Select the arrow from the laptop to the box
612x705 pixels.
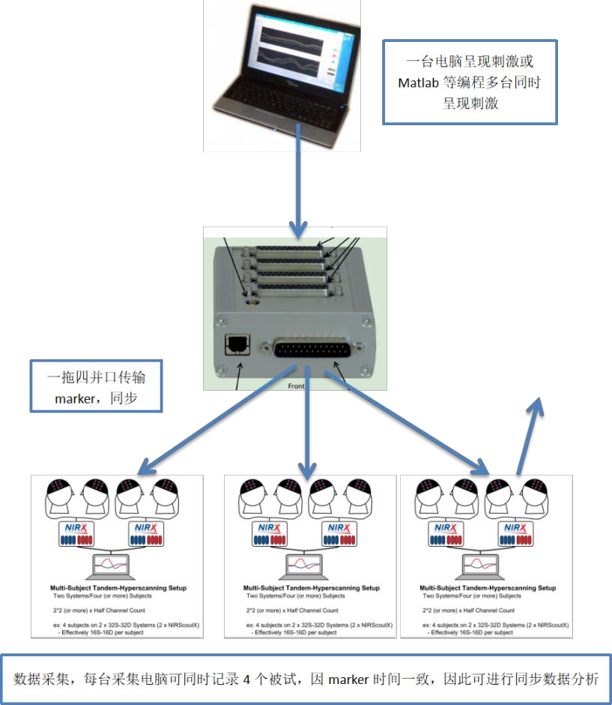click(x=300, y=180)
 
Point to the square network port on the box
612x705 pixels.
click(x=233, y=346)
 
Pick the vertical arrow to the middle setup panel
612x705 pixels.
click(x=306, y=420)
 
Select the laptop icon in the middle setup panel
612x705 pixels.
click(x=307, y=565)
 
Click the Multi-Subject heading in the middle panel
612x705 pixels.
click(x=311, y=588)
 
